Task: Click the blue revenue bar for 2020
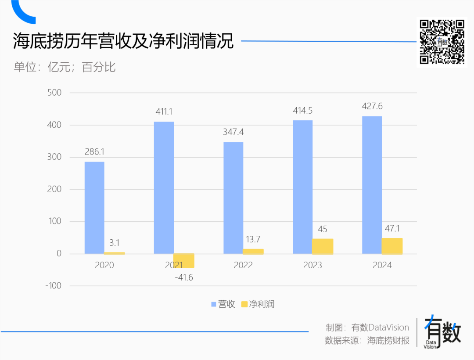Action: pos(94,208)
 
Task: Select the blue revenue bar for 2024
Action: pos(372,185)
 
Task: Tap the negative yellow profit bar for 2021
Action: pos(184,261)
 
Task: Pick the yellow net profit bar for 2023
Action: pos(323,246)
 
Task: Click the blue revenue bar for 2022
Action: pos(233,198)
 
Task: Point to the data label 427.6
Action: pos(372,106)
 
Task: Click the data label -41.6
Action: pos(184,277)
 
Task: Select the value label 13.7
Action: pos(253,239)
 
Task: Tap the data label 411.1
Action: pos(164,112)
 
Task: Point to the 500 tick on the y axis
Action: pos(54,93)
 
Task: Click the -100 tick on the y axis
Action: pos(53,286)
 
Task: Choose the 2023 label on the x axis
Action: pos(312,265)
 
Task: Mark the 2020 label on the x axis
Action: pos(104,265)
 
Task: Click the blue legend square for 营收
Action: pos(214,304)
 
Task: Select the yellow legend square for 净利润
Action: pos(244,304)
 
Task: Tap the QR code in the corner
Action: pos(442,42)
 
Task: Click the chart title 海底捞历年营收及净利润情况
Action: pos(123,42)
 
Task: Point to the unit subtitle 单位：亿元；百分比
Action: pos(65,67)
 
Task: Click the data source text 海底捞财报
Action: pos(388,341)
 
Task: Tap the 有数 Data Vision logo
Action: pos(442,332)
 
